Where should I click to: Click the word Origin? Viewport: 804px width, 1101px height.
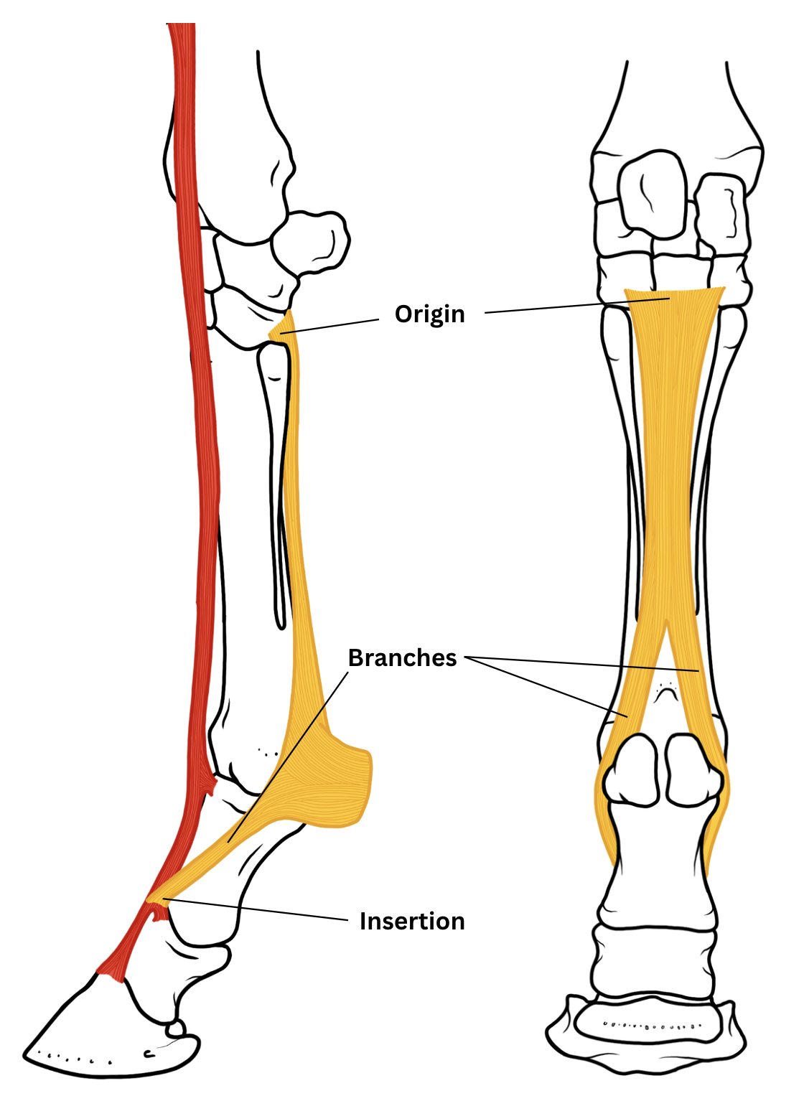pos(429,314)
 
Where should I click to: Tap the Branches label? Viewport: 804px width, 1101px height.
pos(402,657)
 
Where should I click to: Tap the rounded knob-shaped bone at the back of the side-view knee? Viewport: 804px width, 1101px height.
pos(311,241)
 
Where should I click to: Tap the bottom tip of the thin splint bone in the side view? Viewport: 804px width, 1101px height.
pos(280,627)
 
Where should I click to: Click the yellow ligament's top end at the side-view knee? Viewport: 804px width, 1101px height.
pos(288,311)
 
